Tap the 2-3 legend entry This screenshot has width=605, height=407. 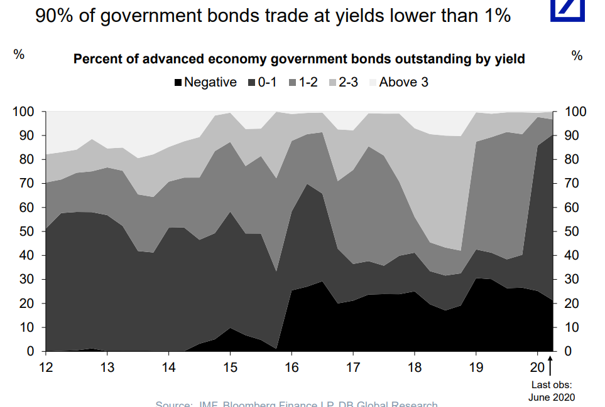[x=346, y=82]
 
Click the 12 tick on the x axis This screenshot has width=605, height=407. [x=45, y=367]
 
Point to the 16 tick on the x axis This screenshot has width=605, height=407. [x=291, y=367]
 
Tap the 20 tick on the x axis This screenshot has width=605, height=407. [x=538, y=367]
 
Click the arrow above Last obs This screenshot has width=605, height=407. [x=551, y=367]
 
